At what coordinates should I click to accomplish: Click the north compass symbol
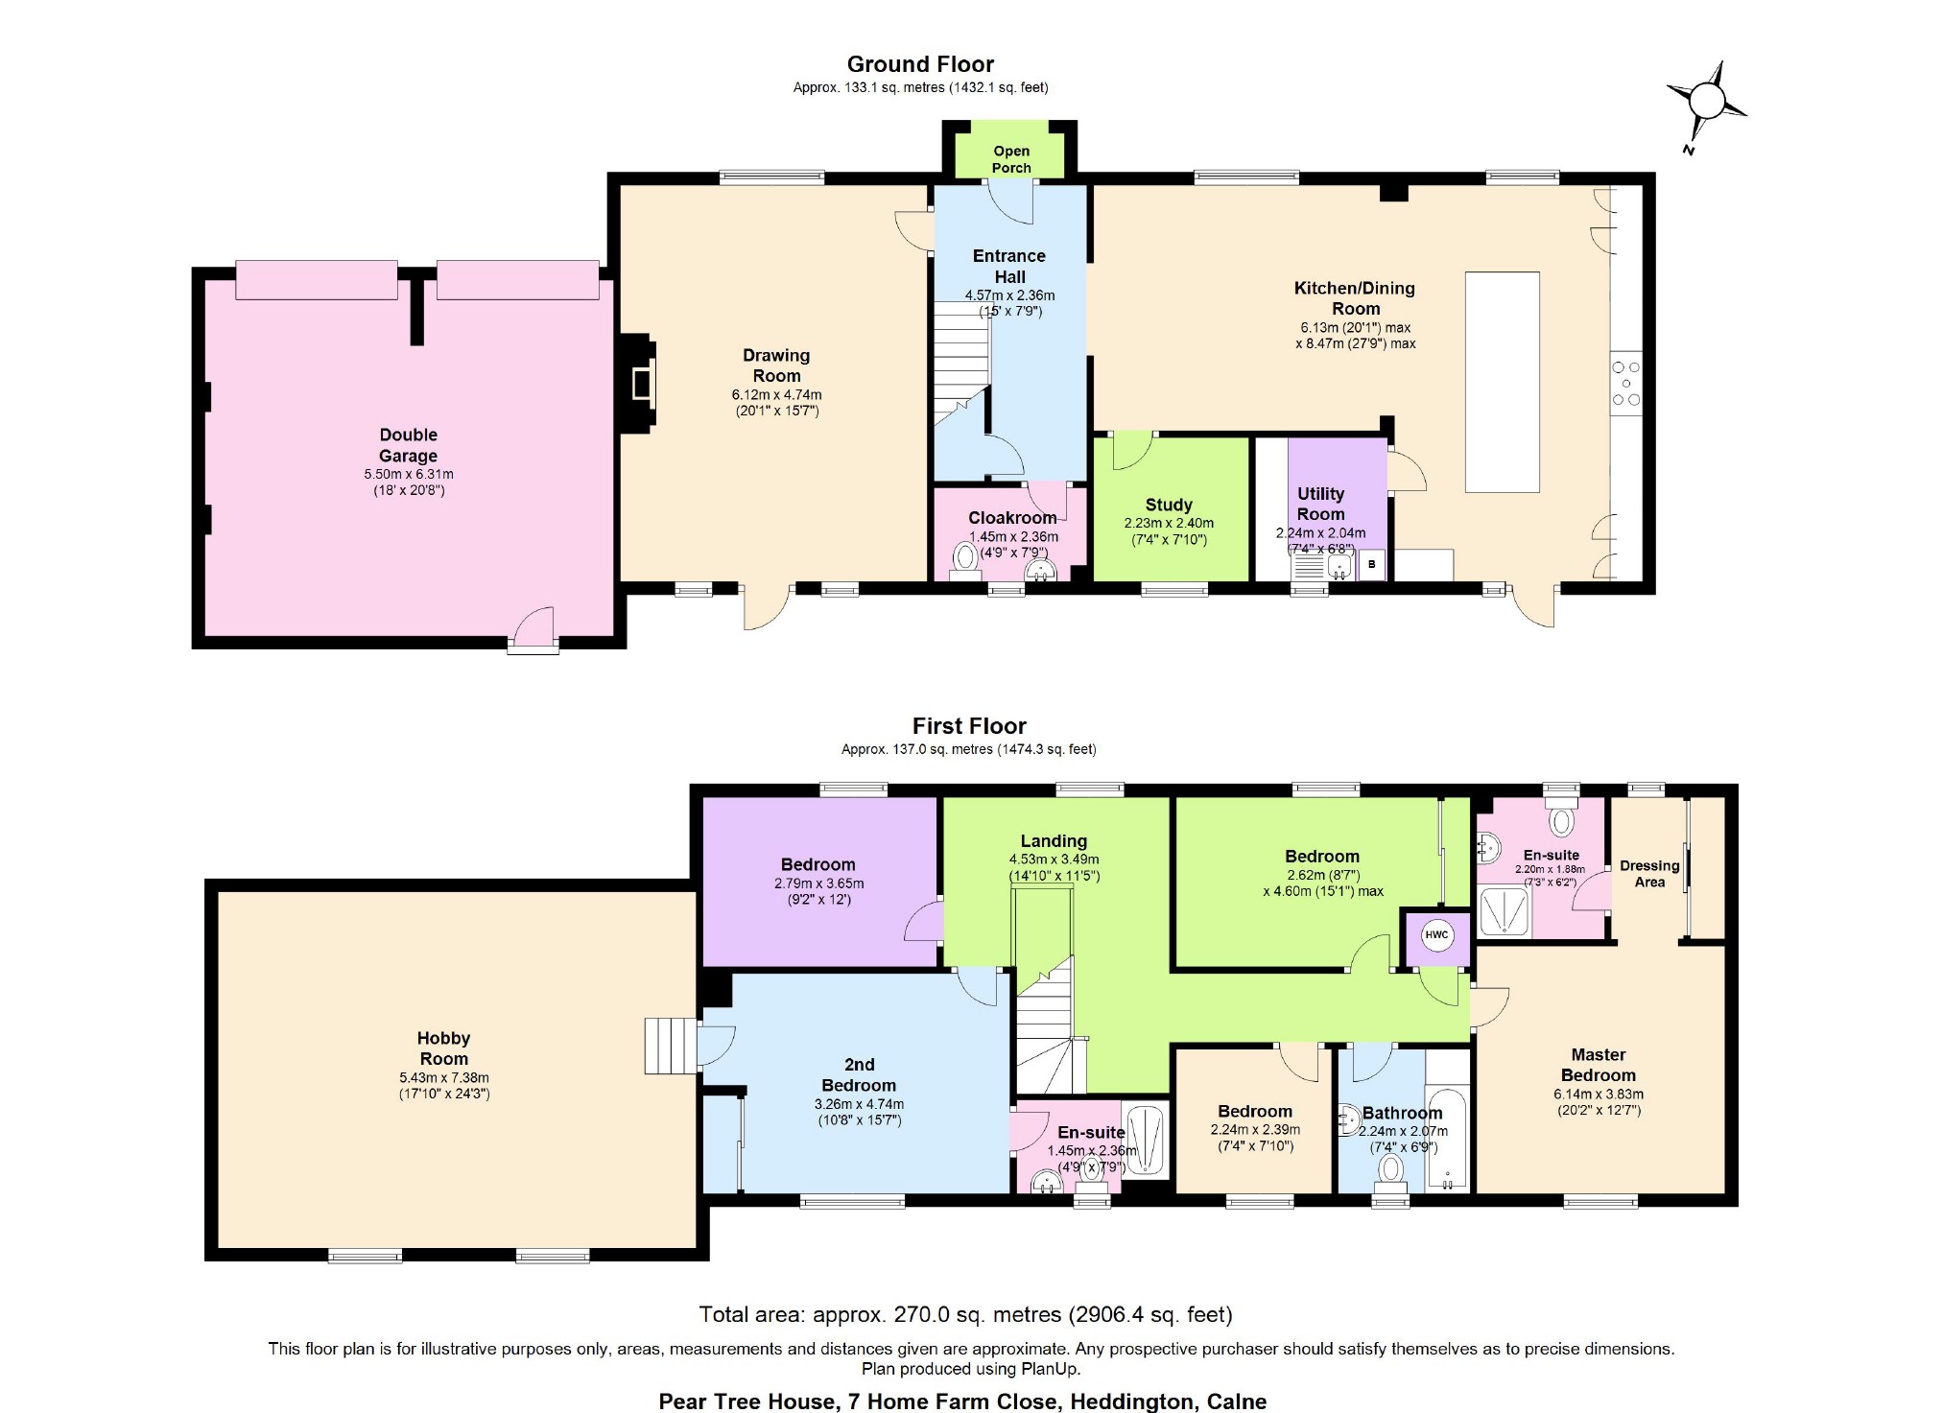[x=1707, y=102]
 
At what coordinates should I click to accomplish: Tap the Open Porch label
[x=1011, y=159]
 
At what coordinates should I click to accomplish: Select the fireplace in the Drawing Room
[x=640, y=383]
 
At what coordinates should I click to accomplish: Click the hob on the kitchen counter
[x=1625, y=383]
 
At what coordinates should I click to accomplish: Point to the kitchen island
[x=1502, y=382]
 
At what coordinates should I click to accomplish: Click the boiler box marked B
[x=1371, y=564]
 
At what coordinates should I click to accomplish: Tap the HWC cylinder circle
[x=1436, y=935]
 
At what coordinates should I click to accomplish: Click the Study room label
[x=1169, y=505]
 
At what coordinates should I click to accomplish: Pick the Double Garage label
[x=409, y=445]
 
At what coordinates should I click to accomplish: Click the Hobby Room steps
[x=670, y=1046]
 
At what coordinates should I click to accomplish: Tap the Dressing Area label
[x=1649, y=874]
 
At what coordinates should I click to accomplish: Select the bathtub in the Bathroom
[x=1447, y=1139]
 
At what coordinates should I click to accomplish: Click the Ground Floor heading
[x=920, y=64]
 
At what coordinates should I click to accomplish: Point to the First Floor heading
[x=969, y=726]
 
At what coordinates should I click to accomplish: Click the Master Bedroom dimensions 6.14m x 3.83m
[x=1599, y=1094]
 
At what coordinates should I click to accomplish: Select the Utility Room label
[x=1321, y=504]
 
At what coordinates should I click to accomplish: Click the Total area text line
[x=965, y=1314]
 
